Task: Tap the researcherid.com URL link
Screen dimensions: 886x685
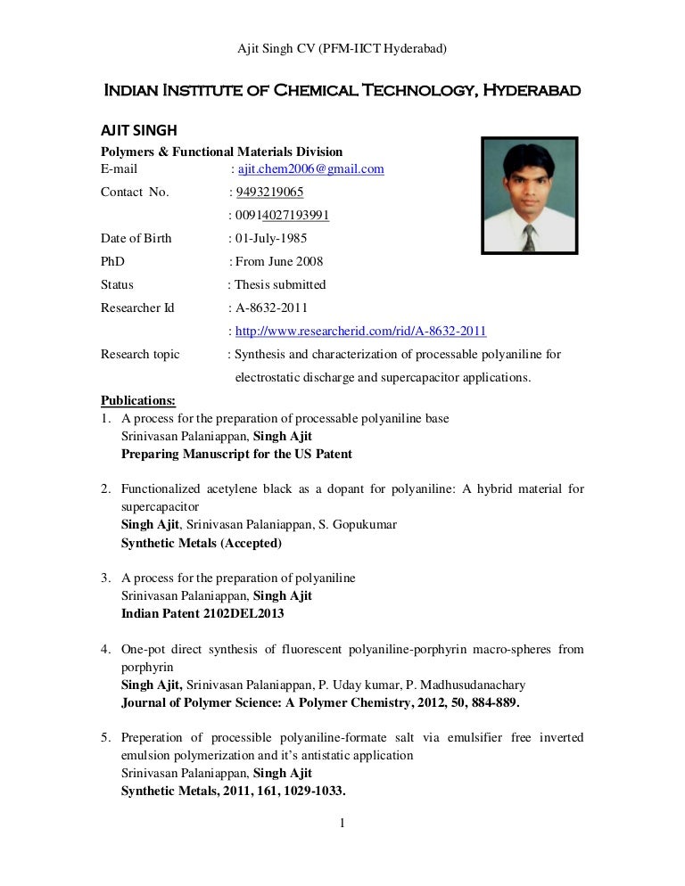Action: point(360,331)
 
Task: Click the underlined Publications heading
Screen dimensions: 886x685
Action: point(138,399)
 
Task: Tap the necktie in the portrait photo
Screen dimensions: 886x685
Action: point(529,237)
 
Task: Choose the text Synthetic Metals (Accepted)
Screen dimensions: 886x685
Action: point(202,543)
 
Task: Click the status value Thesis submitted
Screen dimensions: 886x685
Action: point(280,284)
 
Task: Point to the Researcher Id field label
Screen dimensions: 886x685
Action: point(137,308)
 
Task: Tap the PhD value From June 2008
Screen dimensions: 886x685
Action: point(279,261)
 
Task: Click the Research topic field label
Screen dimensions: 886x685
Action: point(140,354)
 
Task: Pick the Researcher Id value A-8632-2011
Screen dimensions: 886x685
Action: point(271,308)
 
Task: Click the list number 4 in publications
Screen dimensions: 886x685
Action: point(104,650)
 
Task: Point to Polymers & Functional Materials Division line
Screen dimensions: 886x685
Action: point(221,152)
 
